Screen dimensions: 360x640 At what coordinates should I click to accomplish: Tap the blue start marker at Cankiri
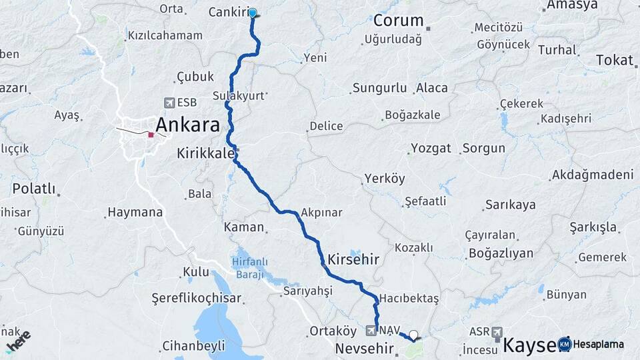253,13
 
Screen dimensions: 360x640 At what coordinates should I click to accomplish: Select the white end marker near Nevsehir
414,335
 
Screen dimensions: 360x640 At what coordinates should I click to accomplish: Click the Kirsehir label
353,259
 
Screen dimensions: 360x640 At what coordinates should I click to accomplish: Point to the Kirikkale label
205,153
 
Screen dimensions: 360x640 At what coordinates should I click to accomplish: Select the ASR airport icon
497,332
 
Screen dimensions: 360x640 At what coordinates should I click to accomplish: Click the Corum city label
398,21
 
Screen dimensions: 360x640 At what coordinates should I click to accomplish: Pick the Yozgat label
430,148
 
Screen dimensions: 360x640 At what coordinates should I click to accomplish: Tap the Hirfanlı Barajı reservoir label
248,267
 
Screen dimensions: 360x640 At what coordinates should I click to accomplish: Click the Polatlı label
33,189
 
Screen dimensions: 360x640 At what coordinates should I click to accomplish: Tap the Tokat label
614,60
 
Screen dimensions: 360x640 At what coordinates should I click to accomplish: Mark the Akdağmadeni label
592,175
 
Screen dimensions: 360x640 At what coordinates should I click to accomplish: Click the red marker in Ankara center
151,135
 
